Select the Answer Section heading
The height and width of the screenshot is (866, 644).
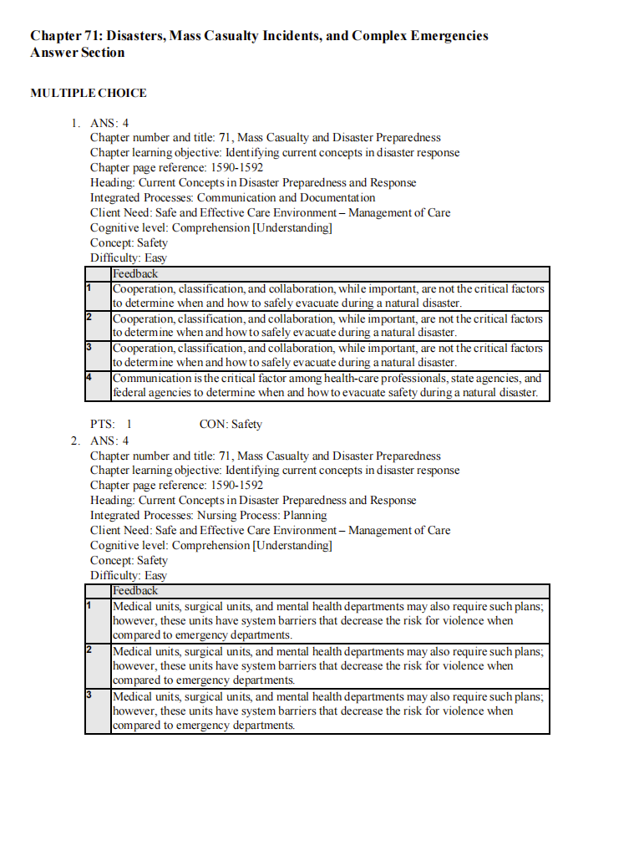pyautogui.click(x=78, y=53)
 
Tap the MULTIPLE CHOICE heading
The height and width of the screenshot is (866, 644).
pyautogui.click(x=89, y=93)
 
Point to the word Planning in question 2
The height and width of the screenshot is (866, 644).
pyautogui.click(x=305, y=516)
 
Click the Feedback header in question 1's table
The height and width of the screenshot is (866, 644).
pyautogui.click(x=135, y=274)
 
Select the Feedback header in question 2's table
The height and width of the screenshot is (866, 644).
pyautogui.click(x=135, y=591)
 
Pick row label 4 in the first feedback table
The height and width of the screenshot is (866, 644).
pyautogui.click(x=89, y=378)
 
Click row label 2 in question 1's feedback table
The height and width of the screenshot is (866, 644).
pyautogui.click(x=89, y=318)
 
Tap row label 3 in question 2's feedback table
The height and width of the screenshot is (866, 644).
pyautogui.click(x=89, y=695)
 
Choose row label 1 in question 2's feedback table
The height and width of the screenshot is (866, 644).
pyautogui.click(x=89, y=604)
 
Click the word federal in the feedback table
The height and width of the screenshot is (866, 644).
pyautogui.click(x=129, y=393)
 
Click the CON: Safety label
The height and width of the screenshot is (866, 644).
pyautogui.click(x=231, y=425)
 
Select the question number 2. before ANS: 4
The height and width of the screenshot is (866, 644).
pyautogui.click(x=75, y=441)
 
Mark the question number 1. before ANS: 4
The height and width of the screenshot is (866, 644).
pyautogui.click(x=75, y=124)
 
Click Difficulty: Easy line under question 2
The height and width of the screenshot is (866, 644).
pyautogui.click(x=129, y=576)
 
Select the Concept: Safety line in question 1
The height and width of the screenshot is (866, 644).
pyautogui.click(x=129, y=243)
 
